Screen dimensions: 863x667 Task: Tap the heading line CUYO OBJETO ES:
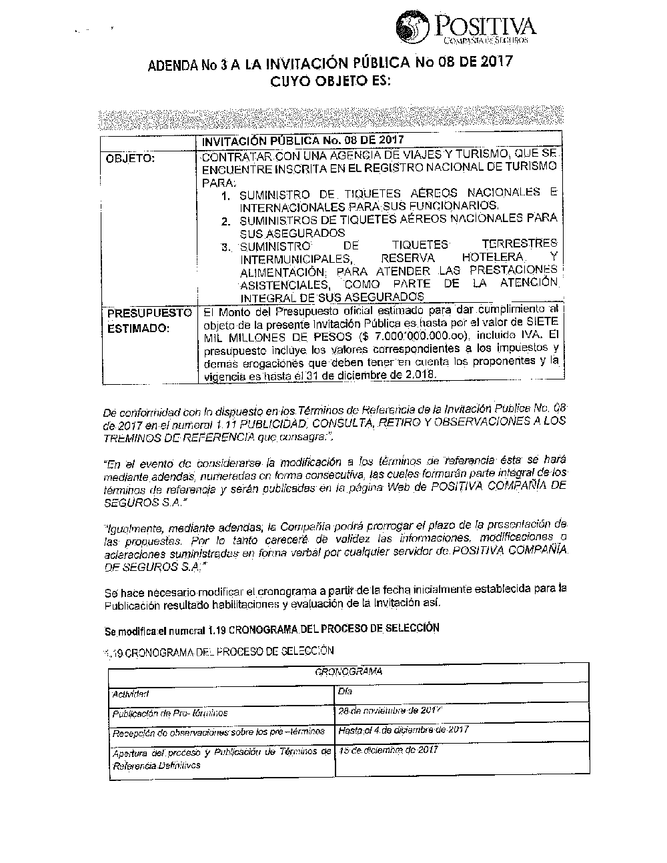[x=328, y=83]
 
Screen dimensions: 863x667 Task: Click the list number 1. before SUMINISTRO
[x=227, y=196]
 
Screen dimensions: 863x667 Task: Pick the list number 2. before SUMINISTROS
[x=227, y=221]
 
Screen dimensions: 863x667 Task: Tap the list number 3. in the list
[x=227, y=247]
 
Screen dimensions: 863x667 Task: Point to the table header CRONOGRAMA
[x=348, y=672]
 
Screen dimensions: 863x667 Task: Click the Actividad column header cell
[x=131, y=694]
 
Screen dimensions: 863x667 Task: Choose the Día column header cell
[x=346, y=692]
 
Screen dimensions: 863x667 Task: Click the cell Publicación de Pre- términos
[x=170, y=713]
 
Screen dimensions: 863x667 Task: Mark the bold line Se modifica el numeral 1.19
[x=272, y=629]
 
